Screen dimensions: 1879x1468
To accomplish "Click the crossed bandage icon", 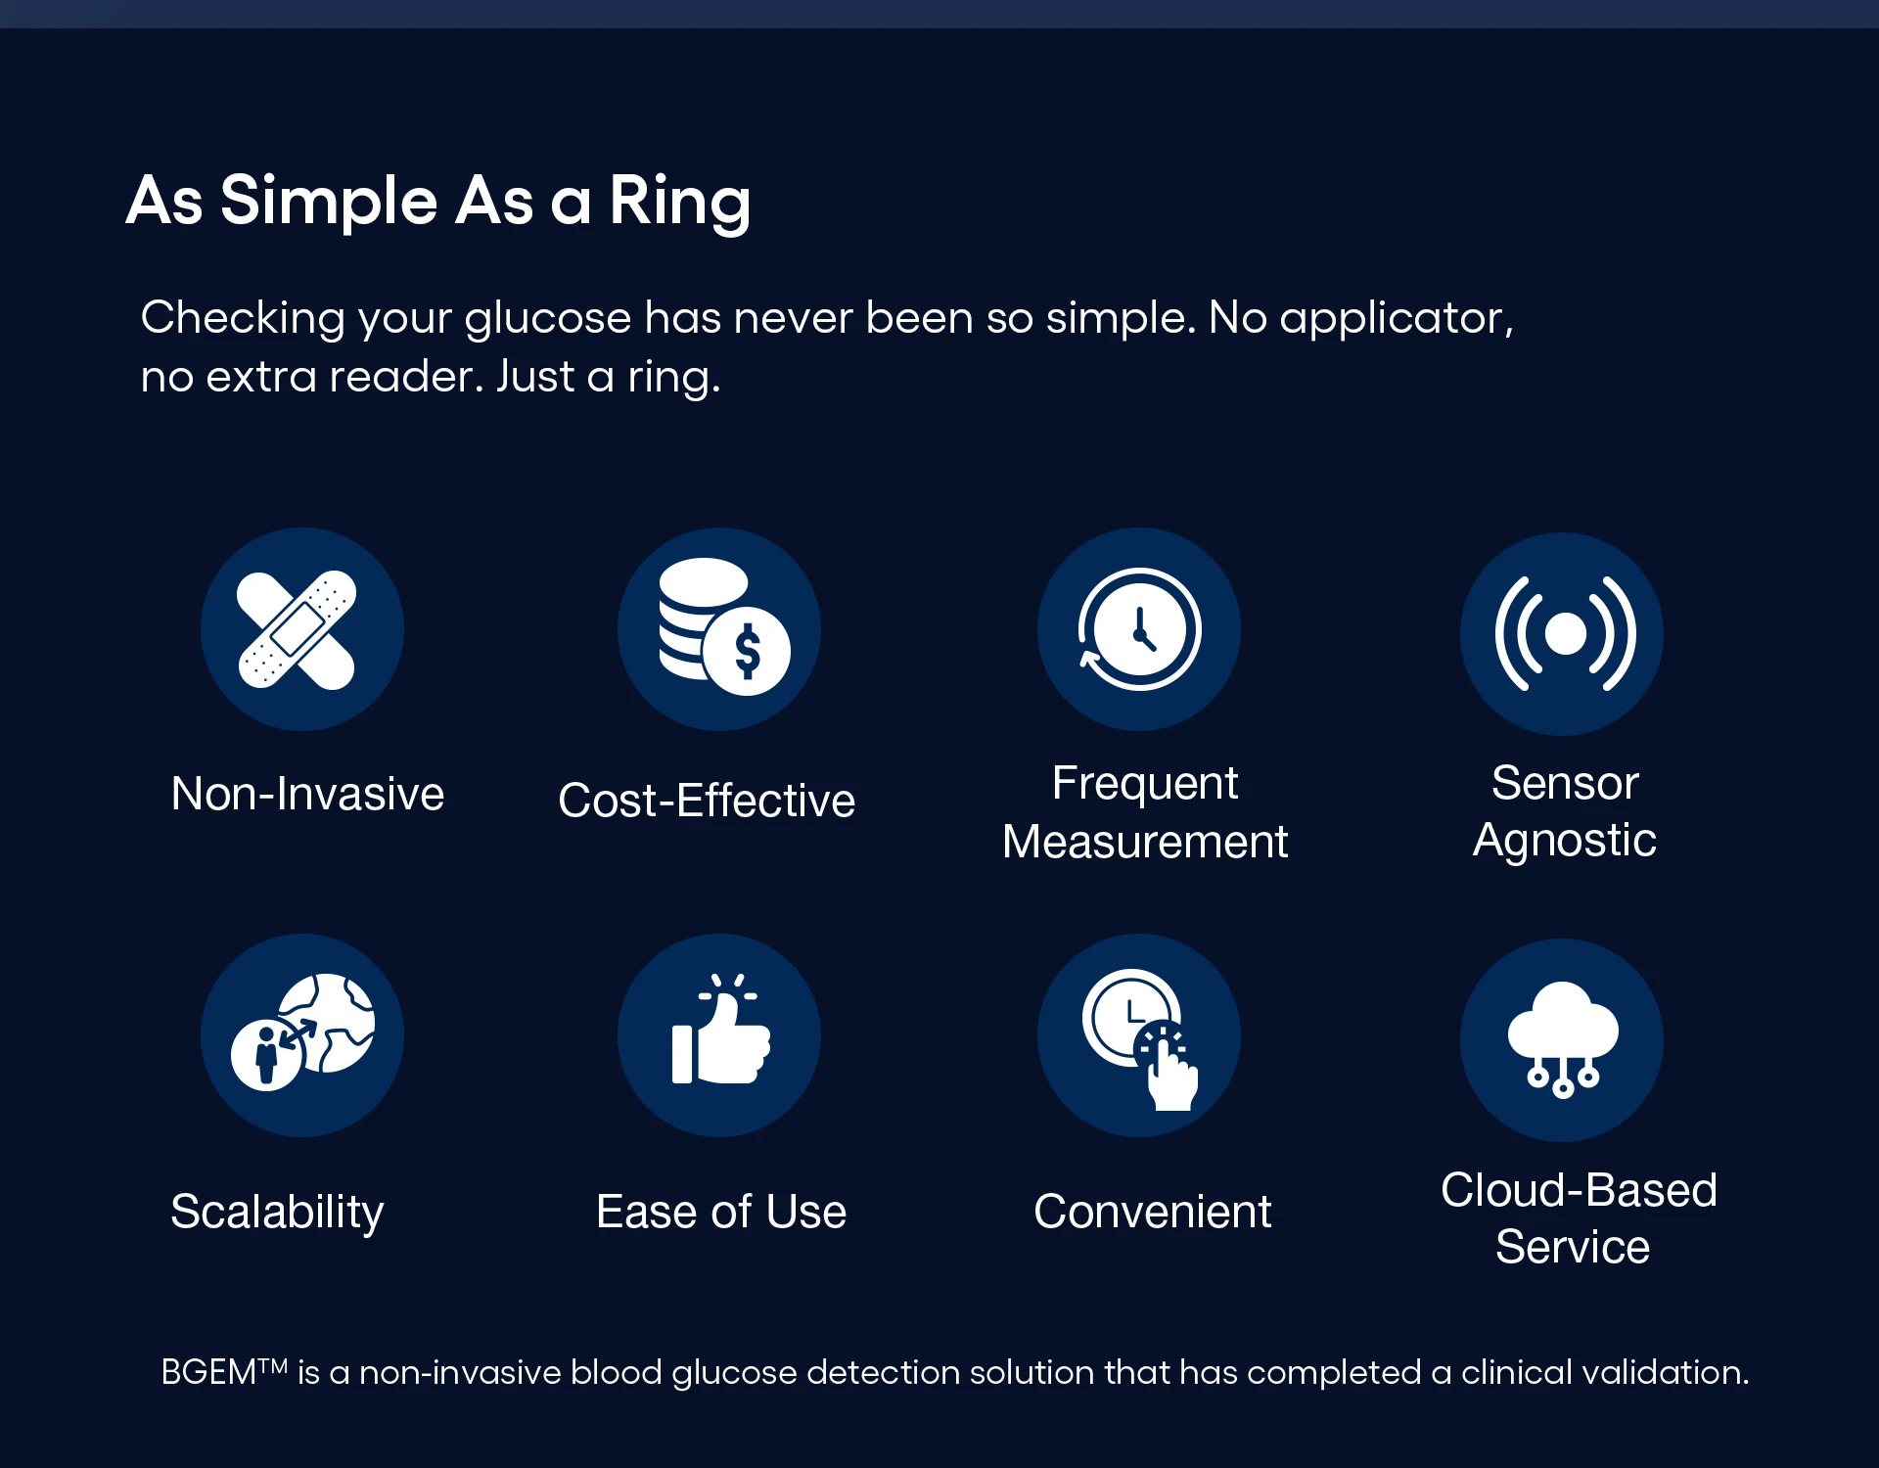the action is (298, 630).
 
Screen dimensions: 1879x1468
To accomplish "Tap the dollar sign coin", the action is (748, 652).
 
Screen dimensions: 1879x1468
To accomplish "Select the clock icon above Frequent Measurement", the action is (1139, 629).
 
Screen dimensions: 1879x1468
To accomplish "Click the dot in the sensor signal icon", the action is (1565, 634).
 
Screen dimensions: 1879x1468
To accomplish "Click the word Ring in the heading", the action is (679, 202).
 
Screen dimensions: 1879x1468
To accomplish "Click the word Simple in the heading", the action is (329, 202).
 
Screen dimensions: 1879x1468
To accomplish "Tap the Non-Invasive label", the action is (307, 794).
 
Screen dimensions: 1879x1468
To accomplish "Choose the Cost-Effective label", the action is (707, 801).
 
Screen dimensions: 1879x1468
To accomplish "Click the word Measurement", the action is (1145, 842).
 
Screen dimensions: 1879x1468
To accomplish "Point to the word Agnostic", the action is (1564, 841).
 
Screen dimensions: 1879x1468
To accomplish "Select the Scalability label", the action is (277, 1212).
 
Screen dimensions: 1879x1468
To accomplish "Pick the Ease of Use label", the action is (721, 1212).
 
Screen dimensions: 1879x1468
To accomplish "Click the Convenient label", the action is (1152, 1212).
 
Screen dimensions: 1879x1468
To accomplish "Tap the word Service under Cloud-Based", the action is (1573, 1247).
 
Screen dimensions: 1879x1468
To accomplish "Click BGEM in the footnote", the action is (208, 1372).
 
